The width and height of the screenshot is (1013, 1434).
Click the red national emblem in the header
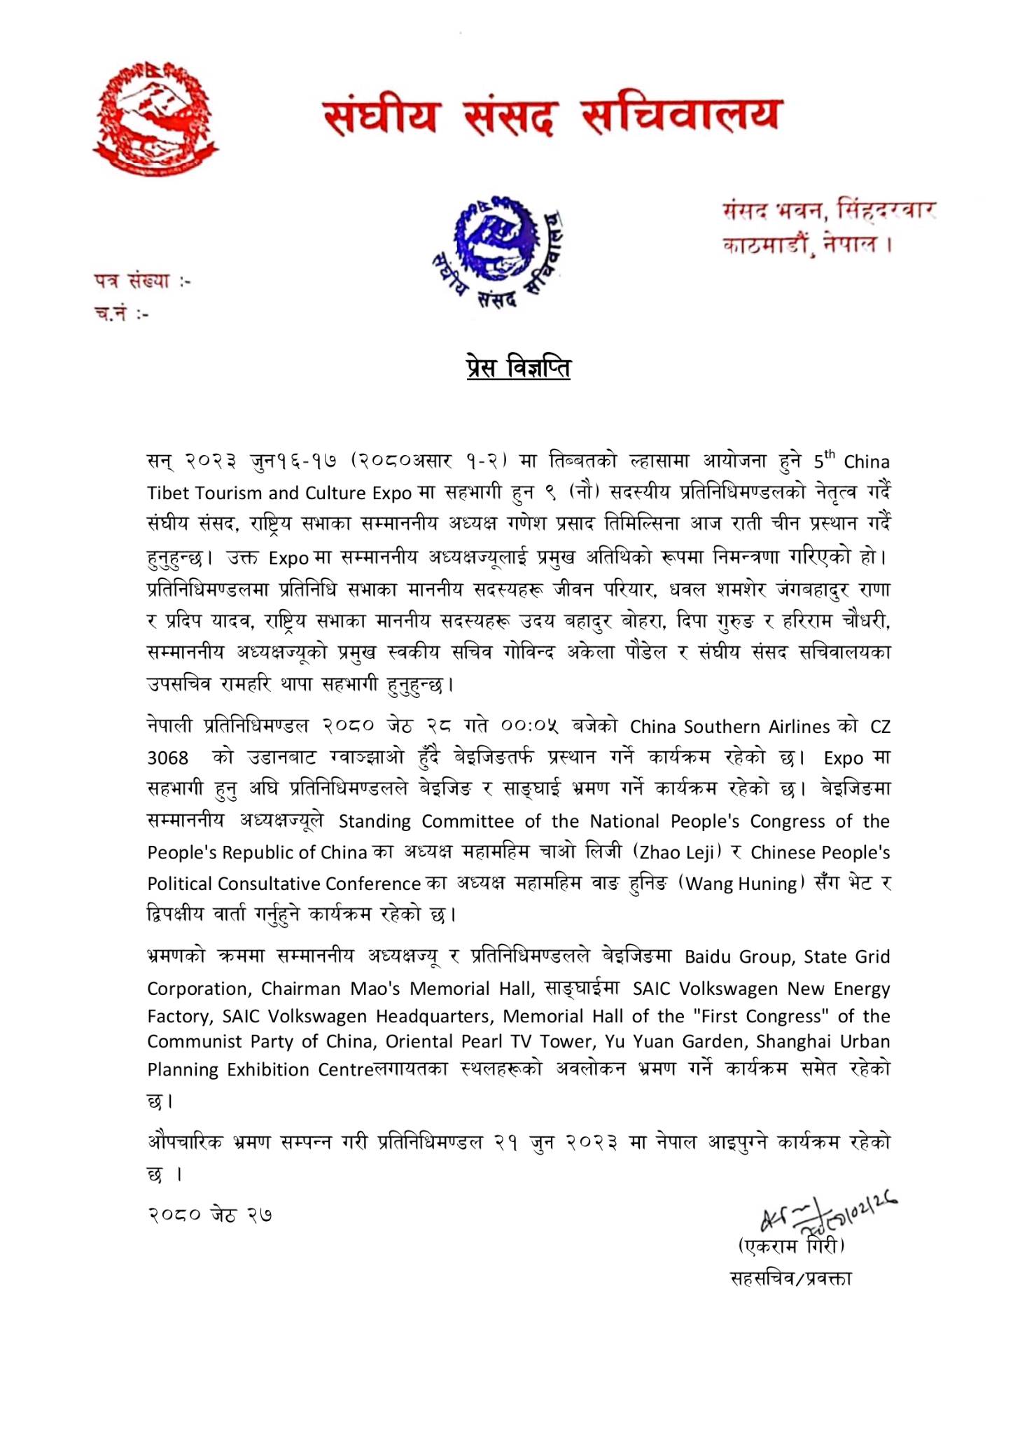[155, 117]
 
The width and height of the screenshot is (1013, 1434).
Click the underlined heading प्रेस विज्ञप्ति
[519, 368]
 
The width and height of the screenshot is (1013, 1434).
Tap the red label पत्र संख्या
[142, 281]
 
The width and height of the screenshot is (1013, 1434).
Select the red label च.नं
[122, 314]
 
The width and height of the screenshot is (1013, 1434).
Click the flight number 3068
[168, 758]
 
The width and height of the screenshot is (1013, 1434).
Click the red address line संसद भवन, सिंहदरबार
[829, 210]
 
